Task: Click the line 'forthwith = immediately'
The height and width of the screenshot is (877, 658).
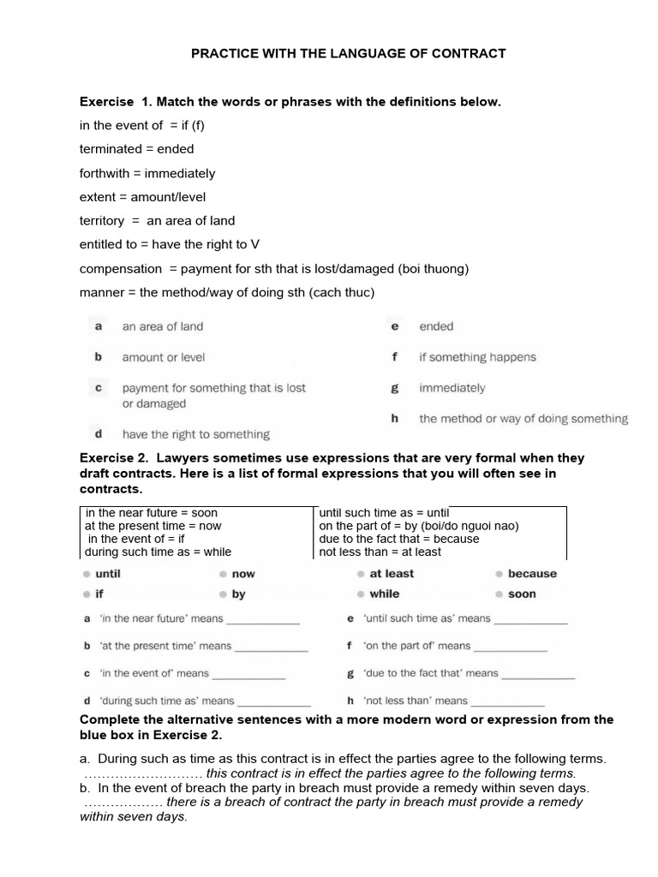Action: click(x=147, y=173)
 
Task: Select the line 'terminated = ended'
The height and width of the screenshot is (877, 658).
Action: click(x=137, y=149)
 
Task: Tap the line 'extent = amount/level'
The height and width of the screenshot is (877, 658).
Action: click(x=142, y=197)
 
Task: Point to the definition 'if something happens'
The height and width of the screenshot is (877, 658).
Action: click(x=477, y=357)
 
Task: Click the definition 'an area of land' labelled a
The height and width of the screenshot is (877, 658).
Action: click(x=163, y=326)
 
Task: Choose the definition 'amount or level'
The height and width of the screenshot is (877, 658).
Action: click(x=164, y=357)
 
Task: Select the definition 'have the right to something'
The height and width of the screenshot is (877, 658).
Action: click(x=195, y=434)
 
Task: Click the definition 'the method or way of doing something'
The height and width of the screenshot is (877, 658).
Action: click(x=523, y=419)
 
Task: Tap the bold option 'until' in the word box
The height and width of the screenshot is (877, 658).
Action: click(x=108, y=574)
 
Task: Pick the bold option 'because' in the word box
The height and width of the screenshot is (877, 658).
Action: click(x=531, y=574)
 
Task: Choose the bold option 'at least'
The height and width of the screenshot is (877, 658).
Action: click(x=392, y=574)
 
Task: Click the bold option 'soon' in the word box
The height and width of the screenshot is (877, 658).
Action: click(x=522, y=594)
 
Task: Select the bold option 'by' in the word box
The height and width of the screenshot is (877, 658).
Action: click(x=238, y=594)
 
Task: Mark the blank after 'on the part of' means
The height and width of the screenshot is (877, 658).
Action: click(x=511, y=647)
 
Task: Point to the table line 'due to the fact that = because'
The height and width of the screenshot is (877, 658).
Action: click(x=399, y=539)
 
